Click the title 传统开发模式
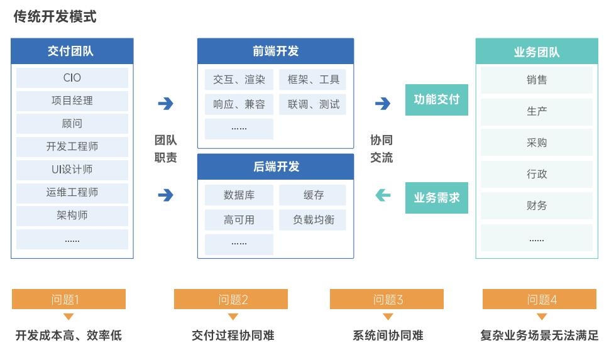pyautogui.click(x=55, y=17)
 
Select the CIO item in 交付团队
pyautogui.click(x=72, y=78)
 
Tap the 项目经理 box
pyautogui.click(x=72, y=101)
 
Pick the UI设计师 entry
pyautogui.click(x=72, y=170)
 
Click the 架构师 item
pyautogui.click(x=72, y=215)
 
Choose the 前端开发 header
pyautogui.click(x=275, y=51)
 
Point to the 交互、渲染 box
pyautogui.click(x=239, y=80)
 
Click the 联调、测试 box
pyautogui.click(x=312, y=104)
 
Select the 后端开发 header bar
pyautogui.click(x=275, y=166)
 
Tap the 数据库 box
pyautogui.click(x=239, y=195)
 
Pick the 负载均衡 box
pyautogui.click(x=312, y=220)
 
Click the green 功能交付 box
pyautogui.click(x=437, y=100)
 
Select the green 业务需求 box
pyautogui.click(x=437, y=198)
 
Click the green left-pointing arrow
pyautogui.click(x=383, y=195)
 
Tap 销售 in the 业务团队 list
pyautogui.click(x=537, y=80)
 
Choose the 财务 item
pyautogui.click(x=537, y=205)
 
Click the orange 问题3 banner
pyautogui.click(x=387, y=299)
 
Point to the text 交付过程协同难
pyautogui.click(x=233, y=335)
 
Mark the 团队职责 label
pyautogui.click(x=165, y=149)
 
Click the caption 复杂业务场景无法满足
pyautogui.click(x=539, y=335)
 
